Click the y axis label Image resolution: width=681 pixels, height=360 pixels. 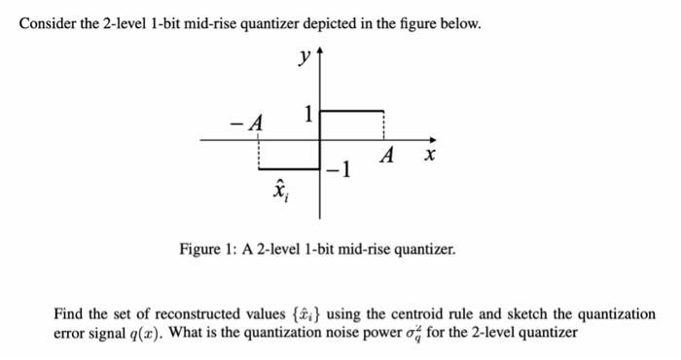[305, 57]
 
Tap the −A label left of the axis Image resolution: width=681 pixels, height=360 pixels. [248, 123]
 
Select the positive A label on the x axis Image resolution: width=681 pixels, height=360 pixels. [387, 156]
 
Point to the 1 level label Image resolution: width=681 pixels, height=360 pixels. [309, 114]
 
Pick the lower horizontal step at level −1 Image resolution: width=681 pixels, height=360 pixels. [289, 168]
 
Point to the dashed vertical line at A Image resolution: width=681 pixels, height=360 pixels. [385, 126]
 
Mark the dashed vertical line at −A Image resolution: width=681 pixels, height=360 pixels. [258, 154]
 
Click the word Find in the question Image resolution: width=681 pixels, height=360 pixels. [70, 314]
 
